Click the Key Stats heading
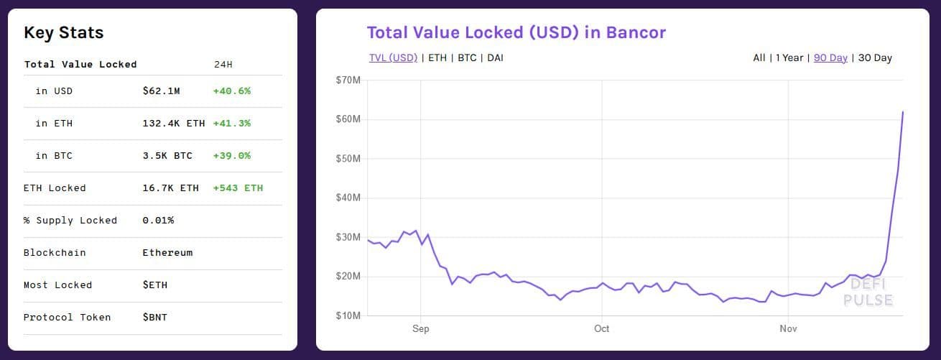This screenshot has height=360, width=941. (64, 33)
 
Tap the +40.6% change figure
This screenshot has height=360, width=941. (231, 91)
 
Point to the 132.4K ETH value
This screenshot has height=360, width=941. (173, 124)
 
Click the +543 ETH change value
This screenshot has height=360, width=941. (238, 188)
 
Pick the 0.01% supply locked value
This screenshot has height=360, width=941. (158, 221)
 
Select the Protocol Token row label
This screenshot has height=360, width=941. (67, 317)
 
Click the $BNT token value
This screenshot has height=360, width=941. (155, 317)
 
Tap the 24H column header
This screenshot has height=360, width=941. (223, 65)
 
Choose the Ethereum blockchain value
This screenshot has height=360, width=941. (167, 253)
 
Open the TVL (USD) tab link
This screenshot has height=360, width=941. (393, 57)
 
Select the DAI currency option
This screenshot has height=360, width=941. (495, 57)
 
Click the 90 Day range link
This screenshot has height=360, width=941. (830, 57)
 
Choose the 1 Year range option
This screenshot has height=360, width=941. (789, 57)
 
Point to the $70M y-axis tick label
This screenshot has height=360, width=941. (348, 80)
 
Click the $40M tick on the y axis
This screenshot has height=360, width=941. (348, 198)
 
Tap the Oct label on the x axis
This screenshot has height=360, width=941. (601, 328)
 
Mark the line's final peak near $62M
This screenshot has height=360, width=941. (903, 111)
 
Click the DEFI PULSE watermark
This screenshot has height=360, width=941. (868, 292)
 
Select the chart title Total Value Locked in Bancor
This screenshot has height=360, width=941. (516, 32)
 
